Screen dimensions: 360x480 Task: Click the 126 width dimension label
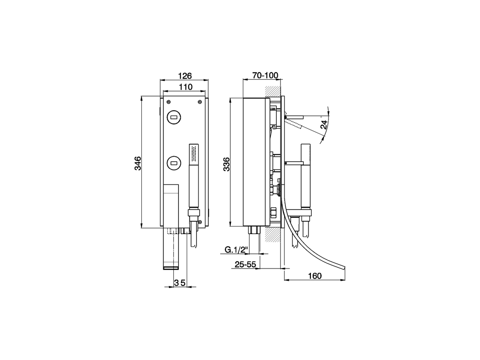[x=184, y=76]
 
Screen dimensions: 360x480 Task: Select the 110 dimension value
[x=185, y=87]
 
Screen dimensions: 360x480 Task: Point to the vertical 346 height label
[x=138, y=163]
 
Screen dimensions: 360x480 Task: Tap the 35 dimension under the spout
[x=180, y=283]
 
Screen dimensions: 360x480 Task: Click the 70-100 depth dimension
[x=265, y=75]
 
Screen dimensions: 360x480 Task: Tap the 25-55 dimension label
[x=245, y=264]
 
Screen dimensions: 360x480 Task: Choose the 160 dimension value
[x=315, y=276]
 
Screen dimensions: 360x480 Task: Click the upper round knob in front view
[x=174, y=117]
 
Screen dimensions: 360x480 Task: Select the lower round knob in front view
[x=174, y=163]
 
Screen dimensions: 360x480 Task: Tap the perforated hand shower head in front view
[x=194, y=153]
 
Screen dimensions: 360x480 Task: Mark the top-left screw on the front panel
[x=168, y=101]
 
